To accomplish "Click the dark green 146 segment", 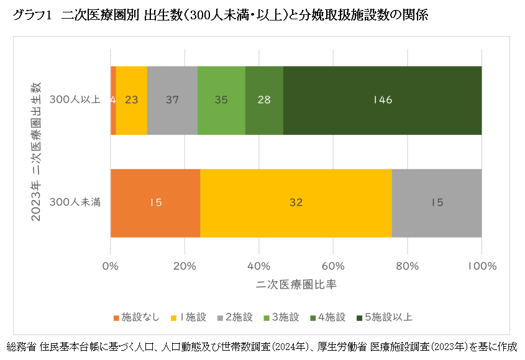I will click(382, 100).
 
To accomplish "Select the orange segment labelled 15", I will click(155, 203).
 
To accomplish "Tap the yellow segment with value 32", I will click(296, 203).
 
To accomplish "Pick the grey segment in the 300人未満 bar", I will click(436, 203).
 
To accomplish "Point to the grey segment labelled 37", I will click(172, 100).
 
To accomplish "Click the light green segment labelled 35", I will click(221, 100).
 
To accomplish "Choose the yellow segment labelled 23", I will click(131, 100).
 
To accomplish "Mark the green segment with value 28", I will click(264, 100).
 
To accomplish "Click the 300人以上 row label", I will click(75, 99).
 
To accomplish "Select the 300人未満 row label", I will click(75, 202).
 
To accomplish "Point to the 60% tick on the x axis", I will click(334, 266).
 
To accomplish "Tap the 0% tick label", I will click(111, 266).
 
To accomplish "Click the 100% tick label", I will click(482, 266).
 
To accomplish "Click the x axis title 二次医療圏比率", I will click(296, 284).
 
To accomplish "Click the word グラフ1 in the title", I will click(30, 16).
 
